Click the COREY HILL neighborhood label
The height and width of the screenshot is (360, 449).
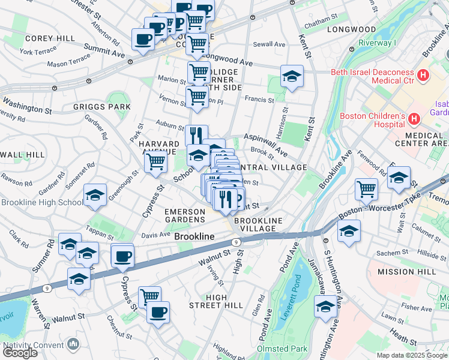coord(50,38)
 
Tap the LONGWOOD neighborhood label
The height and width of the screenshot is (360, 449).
coord(351,29)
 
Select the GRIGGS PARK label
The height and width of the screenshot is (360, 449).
coord(102,107)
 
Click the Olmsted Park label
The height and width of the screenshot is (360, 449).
coord(282,349)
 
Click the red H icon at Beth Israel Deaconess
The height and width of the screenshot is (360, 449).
coord(423,76)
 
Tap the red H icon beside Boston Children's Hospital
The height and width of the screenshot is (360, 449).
coord(413,119)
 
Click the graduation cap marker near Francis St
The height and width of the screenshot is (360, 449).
coord(292,77)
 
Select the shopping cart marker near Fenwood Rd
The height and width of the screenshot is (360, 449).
coord(366,189)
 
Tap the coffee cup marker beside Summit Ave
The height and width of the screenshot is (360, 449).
coord(143,40)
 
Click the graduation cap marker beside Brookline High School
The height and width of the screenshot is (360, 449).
coord(95,195)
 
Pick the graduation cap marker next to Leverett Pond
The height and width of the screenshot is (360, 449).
coord(325,307)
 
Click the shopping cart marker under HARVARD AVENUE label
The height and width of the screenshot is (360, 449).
coord(155,161)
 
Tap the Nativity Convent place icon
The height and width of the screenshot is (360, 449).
coord(73,344)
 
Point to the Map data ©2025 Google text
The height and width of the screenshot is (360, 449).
coord(411,355)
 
